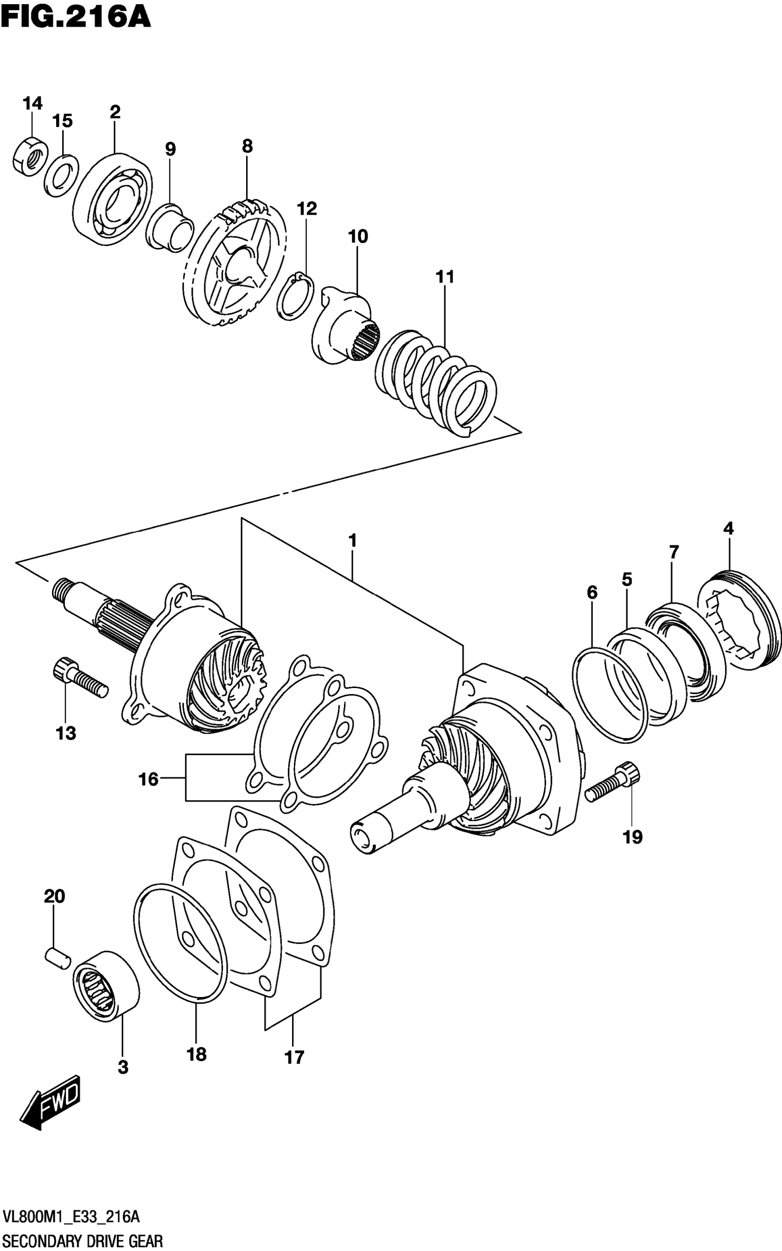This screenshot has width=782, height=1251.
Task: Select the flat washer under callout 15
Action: (x=61, y=175)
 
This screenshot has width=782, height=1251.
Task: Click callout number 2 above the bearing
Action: (x=115, y=112)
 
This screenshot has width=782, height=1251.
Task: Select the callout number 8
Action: (x=247, y=146)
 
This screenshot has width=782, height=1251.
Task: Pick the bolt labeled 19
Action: (x=613, y=787)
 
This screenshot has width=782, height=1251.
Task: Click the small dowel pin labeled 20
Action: (x=57, y=956)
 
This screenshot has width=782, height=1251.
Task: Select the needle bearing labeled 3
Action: (x=106, y=985)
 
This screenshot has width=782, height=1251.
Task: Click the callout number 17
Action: (x=294, y=1058)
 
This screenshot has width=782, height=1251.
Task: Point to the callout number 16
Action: (x=148, y=779)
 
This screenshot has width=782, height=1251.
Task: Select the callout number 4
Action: (x=728, y=528)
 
